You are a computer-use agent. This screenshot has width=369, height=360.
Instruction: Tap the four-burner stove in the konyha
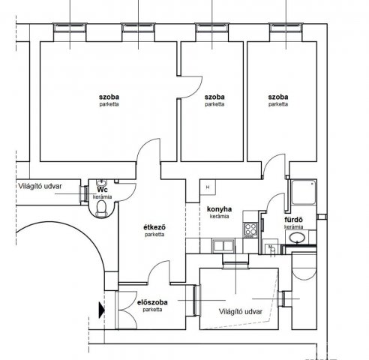coord(250,229)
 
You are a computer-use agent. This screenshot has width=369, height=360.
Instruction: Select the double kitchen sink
coord(223,245)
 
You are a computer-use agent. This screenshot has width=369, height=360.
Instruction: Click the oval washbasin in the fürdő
coord(297,238)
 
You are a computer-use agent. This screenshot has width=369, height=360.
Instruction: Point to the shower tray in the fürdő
coord(304,192)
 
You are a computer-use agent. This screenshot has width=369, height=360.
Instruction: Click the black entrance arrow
coord(102,310)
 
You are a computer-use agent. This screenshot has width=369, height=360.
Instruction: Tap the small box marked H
coord(208,187)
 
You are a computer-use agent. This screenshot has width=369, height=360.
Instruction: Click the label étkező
coord(154,227)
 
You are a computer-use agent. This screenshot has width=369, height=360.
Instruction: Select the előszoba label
coord(152,302)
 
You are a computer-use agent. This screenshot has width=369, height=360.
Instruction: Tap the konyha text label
coord(219,209)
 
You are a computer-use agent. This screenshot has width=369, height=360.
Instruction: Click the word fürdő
coord(293,220)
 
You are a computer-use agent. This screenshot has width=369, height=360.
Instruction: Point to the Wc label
coord(103,190)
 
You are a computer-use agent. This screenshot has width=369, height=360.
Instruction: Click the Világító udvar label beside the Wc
coord(40,186)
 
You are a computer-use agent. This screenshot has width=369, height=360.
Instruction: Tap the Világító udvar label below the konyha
coord(241,311)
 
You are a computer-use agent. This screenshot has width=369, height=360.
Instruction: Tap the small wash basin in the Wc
coord(101,181)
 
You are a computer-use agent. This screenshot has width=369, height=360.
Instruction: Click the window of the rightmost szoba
coord(286,28)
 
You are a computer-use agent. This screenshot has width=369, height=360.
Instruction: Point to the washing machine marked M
coord(271,248)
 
